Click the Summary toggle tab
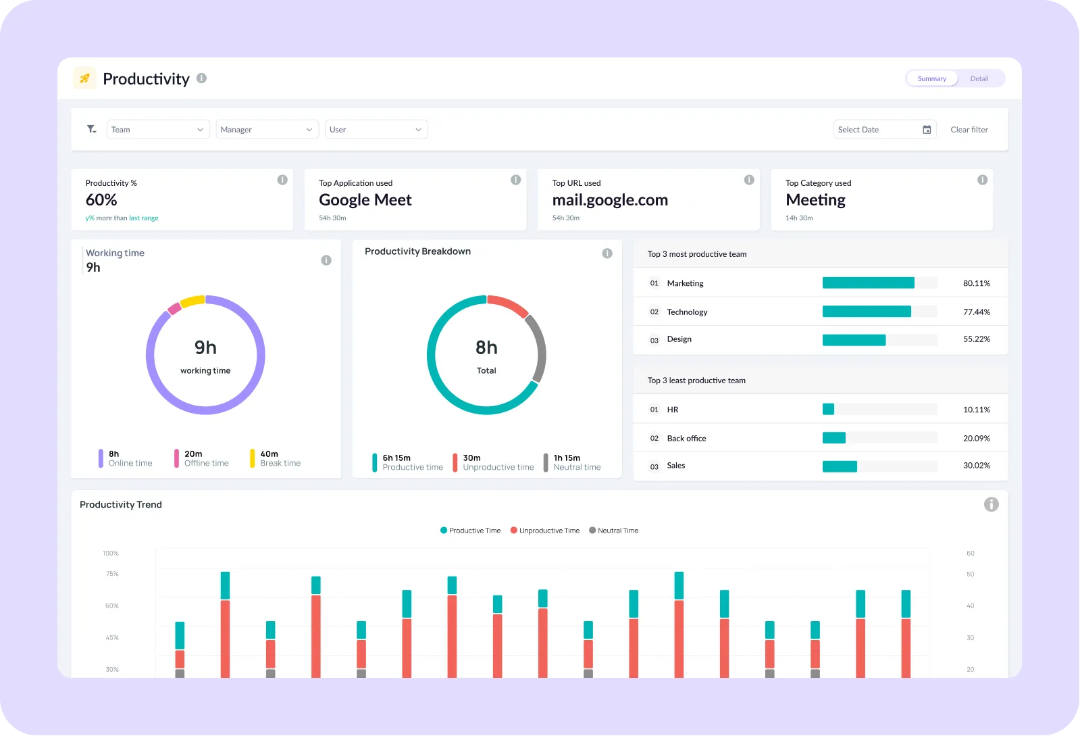tap(931, 79)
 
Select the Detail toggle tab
tap(979, 79)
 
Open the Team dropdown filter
tap(157, 130)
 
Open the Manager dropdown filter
tap(267, 130)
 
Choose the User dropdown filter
tap(376, 130)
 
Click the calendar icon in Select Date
tap(927, 130)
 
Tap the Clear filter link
tap(969, 130)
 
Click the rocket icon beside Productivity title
tap(85, 79)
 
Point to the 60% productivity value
tap(101, 200)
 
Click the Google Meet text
tap(365, 200)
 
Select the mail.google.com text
tap(609, 200)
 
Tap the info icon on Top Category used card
tap(982, 180)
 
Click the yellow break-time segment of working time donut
tap(192, 301)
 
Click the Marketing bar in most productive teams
tap(868, 283)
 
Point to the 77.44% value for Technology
tap(976, 312)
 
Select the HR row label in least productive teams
tap(673, 410)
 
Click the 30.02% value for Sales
tap(976, 466)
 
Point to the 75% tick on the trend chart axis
tap(112, 574)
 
